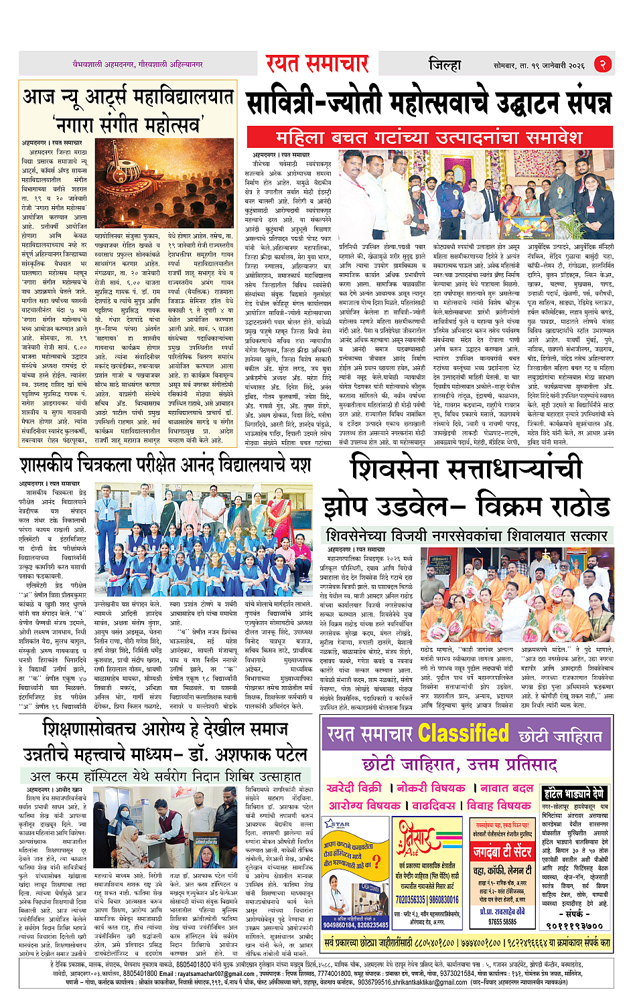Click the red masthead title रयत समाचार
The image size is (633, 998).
(x=317, y=64)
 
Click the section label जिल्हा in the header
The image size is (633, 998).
(x=445, y=65)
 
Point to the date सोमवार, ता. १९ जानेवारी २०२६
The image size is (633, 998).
(x=539, y=65)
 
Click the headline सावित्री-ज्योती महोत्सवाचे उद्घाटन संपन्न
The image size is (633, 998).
(x=429, y=104)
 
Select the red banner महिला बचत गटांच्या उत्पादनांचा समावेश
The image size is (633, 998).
(x=429, y=137)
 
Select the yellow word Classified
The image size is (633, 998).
(x=463, y=734)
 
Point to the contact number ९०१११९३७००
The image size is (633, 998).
(x=574, y=926)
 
